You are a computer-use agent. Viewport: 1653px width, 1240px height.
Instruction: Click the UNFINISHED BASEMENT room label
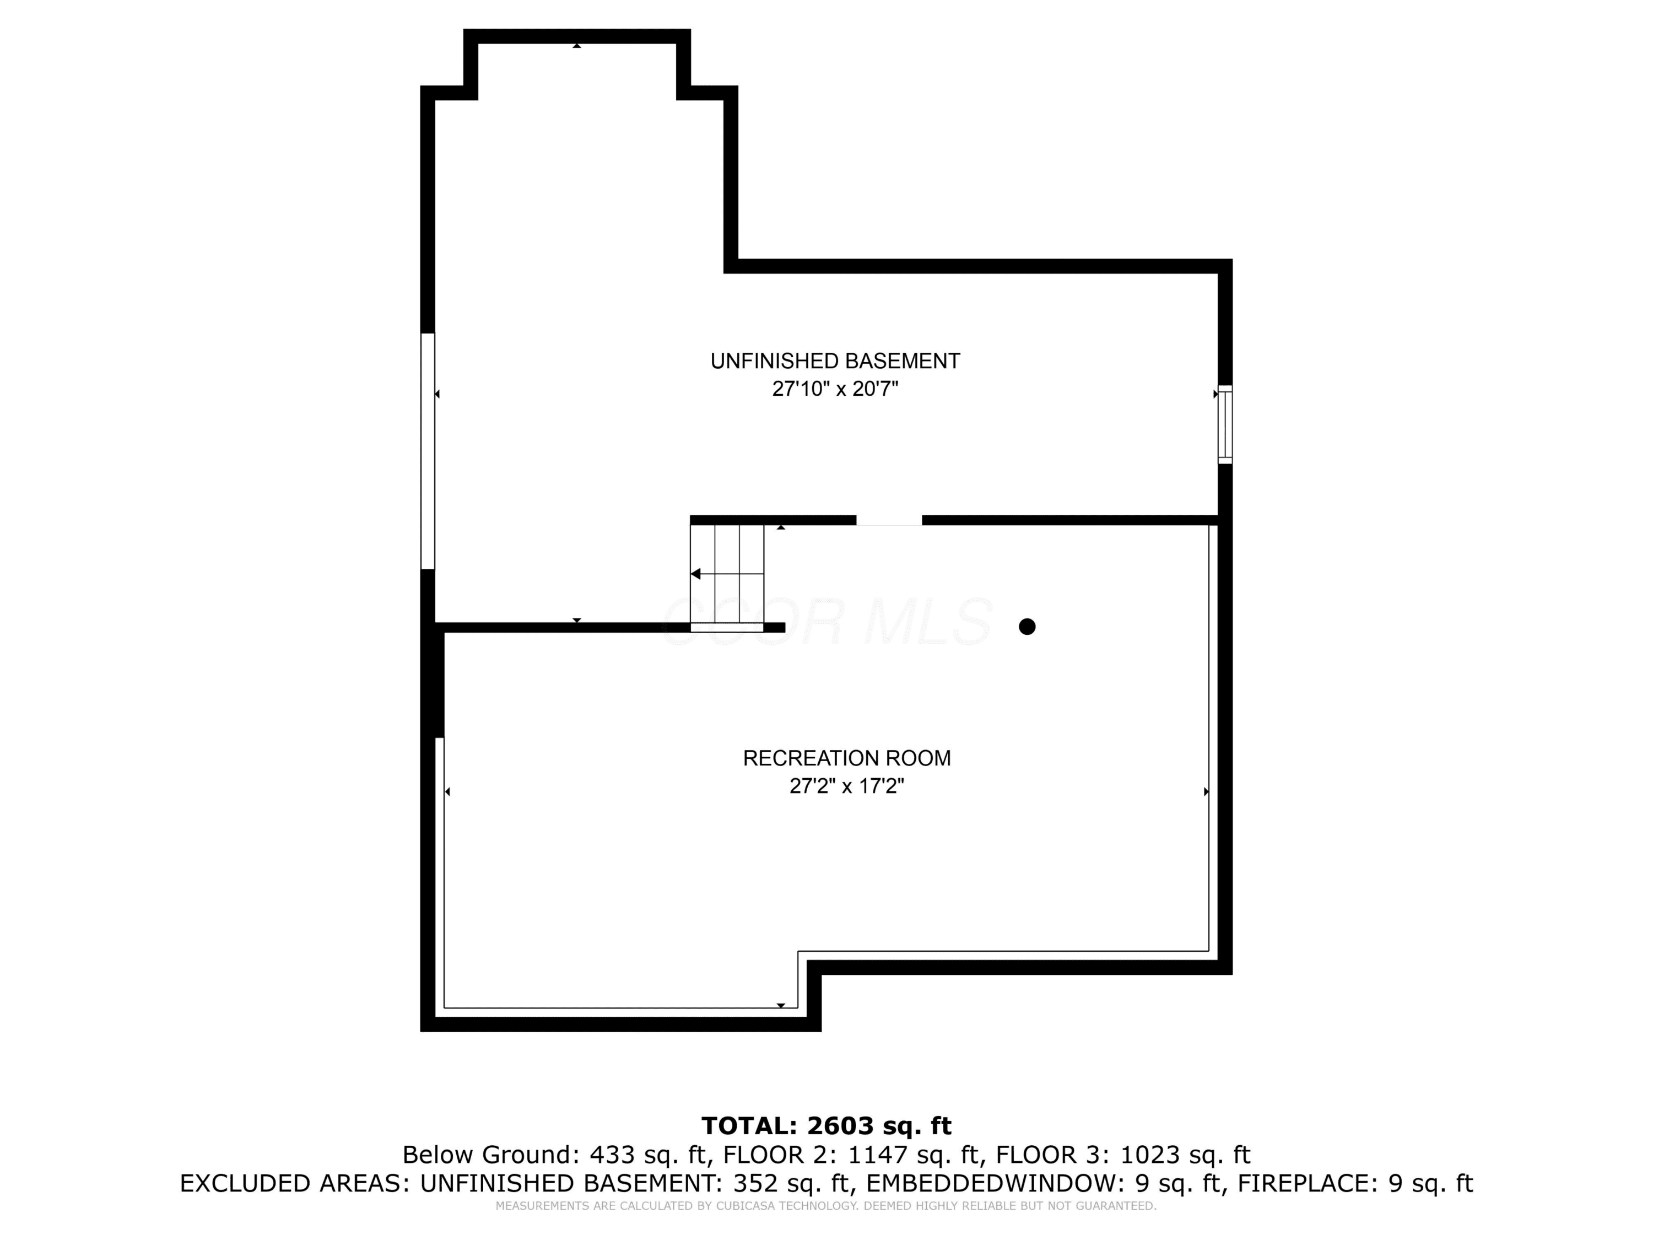[x=835, y=361]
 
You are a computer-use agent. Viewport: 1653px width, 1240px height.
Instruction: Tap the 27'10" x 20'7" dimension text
[x=835, y=389]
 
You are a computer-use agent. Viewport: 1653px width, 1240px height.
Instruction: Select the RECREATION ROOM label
[x=847, y=758]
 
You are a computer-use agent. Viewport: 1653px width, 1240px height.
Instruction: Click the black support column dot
[x=1027, y=627]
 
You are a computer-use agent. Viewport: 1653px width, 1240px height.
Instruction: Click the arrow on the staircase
[x=696, y=574]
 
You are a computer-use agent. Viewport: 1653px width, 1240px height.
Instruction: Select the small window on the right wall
[x=1225, y=424]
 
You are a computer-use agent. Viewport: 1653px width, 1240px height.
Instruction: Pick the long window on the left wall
[x=428, y=451]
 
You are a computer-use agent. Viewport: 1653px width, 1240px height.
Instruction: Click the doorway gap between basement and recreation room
[x=889, y=520]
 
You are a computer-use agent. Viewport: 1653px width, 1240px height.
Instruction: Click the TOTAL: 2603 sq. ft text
[x=827, y=1125]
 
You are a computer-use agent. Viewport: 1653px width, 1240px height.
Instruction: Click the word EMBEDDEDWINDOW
[x=991, y=1184]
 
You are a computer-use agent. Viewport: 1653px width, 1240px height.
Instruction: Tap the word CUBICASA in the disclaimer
[x=747, y=1206]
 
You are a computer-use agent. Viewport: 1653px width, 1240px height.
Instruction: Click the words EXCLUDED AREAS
[x=294, y=1184]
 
